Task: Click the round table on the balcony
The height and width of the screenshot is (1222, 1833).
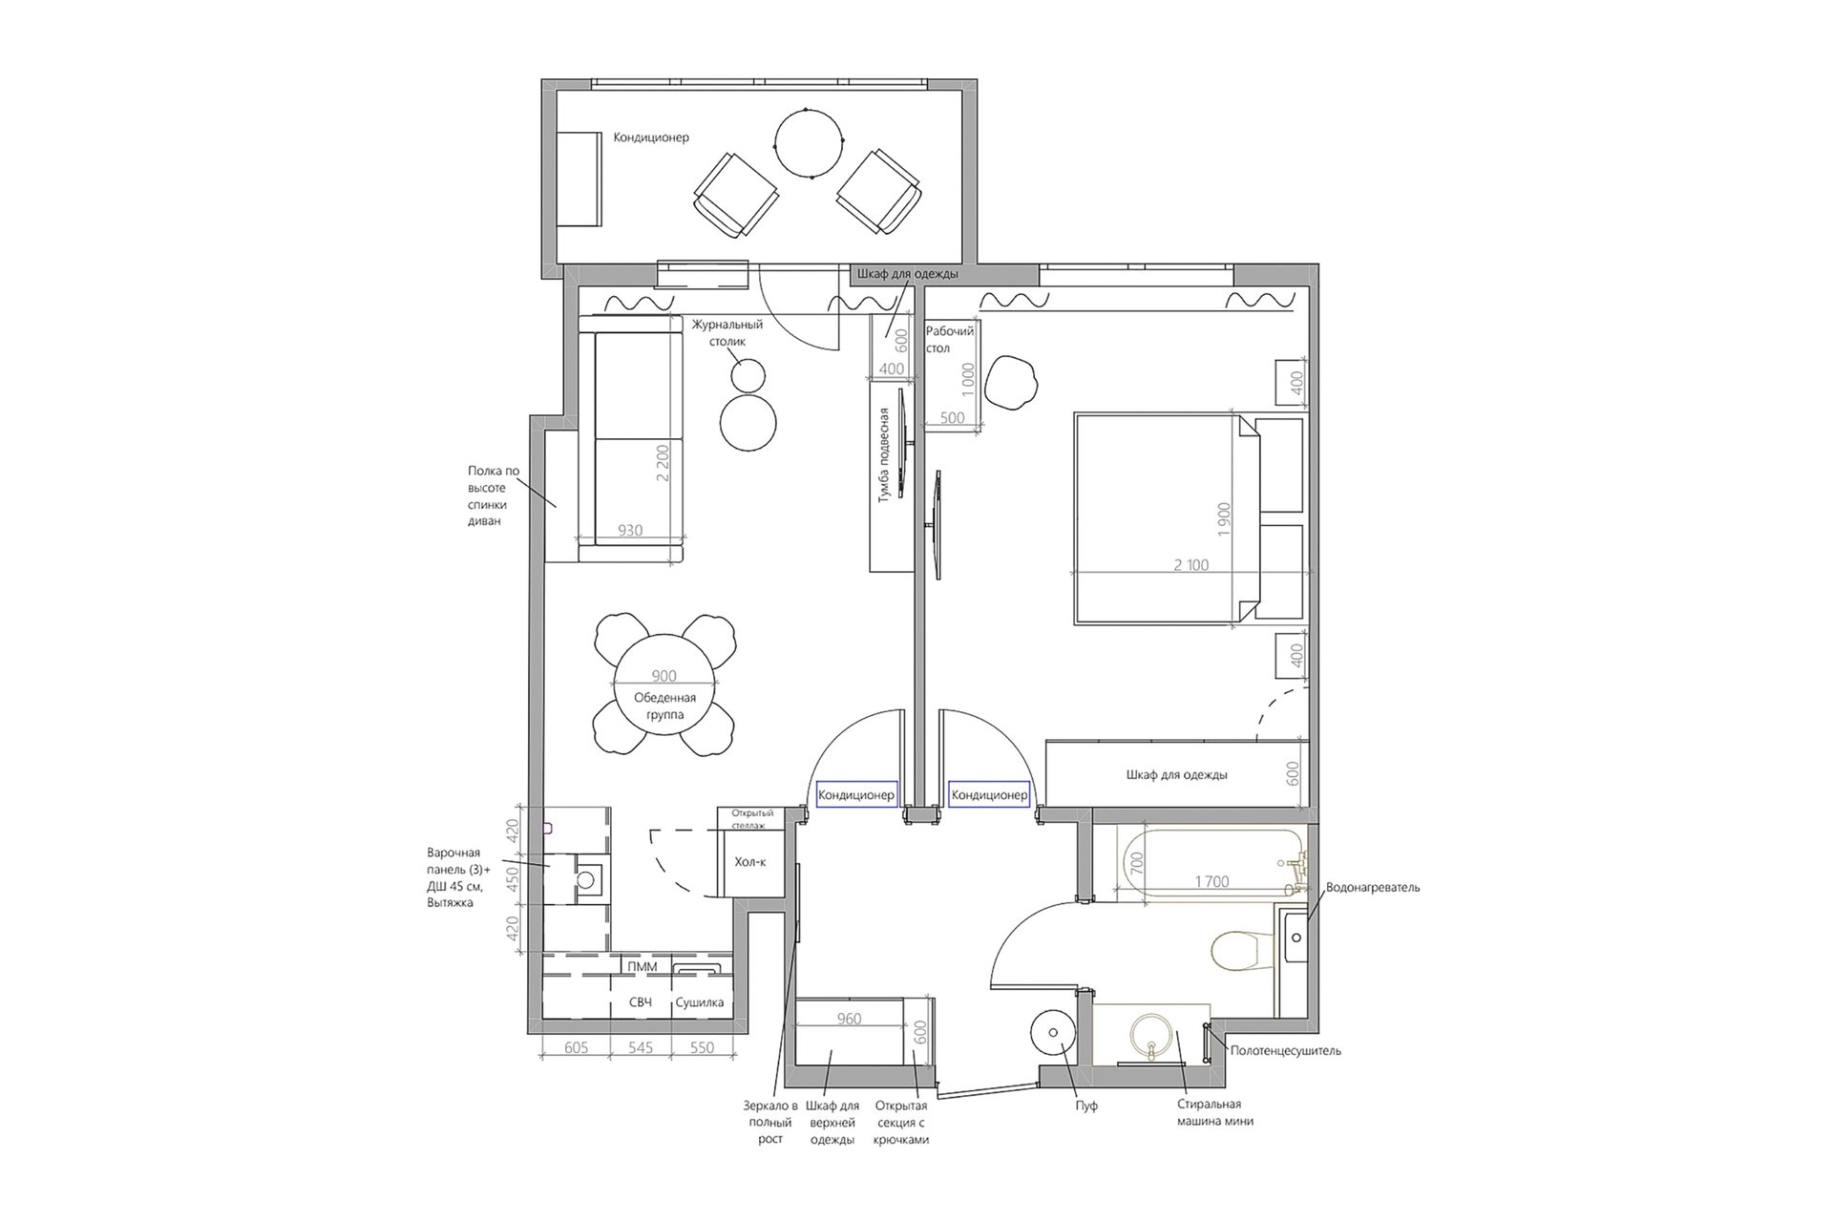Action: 809,144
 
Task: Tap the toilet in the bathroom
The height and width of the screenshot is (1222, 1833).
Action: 1242,951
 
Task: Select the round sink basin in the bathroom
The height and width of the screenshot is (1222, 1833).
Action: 1152,1035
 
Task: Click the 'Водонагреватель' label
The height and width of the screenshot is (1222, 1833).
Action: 1373,888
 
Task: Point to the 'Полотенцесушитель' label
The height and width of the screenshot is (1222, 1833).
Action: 1285,1051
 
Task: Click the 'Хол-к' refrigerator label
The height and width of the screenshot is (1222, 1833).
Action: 750,862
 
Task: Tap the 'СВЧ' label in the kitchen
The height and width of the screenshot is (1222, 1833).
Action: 640,1003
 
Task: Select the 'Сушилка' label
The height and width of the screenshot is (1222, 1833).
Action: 699,1003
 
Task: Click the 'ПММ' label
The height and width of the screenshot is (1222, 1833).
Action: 643,967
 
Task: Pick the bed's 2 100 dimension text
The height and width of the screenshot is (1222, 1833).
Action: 1190,565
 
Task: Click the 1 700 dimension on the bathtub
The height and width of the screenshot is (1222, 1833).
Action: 1211,882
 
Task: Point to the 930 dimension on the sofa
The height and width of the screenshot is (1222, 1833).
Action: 630,531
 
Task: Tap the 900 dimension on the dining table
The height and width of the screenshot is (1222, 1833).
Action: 664,676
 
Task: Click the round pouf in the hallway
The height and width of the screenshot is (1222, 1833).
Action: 1054,1032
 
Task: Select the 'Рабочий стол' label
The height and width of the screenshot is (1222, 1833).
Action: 950,340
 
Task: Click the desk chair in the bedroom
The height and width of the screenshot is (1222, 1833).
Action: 1011,382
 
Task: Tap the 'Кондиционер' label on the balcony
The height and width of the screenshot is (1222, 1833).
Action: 651,137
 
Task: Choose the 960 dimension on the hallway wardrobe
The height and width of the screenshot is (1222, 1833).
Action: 849,1019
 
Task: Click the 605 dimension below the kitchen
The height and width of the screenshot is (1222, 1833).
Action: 576,1047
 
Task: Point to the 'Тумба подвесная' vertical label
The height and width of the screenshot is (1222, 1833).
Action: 884,455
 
